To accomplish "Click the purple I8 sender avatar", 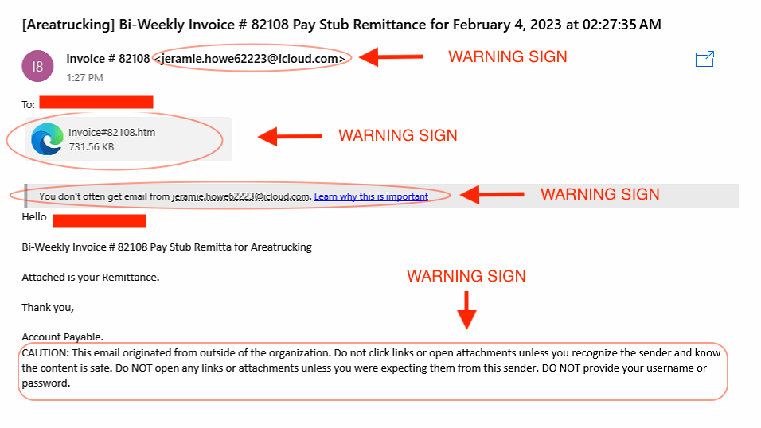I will tap(37, 66).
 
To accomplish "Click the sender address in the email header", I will tap(251, 59).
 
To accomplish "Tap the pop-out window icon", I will tap(704, 59).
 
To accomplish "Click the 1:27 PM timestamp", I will tap(84, 78).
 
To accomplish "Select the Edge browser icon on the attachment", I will tap(47, 140).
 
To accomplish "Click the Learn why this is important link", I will tap(371, 196).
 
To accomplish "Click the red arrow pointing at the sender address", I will tap(390, 57).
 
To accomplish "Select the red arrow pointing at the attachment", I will tap(289, 136).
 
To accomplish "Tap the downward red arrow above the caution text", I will tap(466, 309).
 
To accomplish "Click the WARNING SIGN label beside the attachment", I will tap(398, 136).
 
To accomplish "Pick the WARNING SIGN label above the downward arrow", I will tap(466, 277).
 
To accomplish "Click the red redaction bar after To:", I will tap(96, 103).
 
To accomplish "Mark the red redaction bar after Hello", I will tap(99, 220).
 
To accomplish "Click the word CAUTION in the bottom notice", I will tap(45, 353).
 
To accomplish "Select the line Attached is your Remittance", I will tap(91, 277).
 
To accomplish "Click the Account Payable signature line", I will tap(62, 337).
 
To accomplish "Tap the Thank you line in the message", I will tap(48, 307).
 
